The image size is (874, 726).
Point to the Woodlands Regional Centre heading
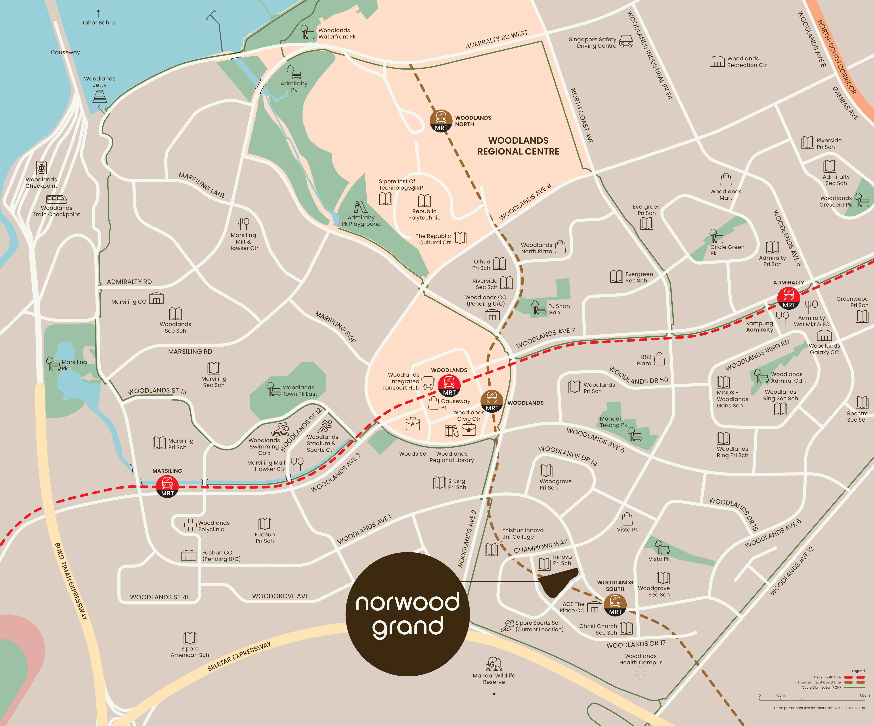[518, 146]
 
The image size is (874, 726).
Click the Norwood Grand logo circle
[408, 614]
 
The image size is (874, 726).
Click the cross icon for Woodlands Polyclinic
[191, 525]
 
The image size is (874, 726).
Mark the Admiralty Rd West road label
[496, 39]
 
